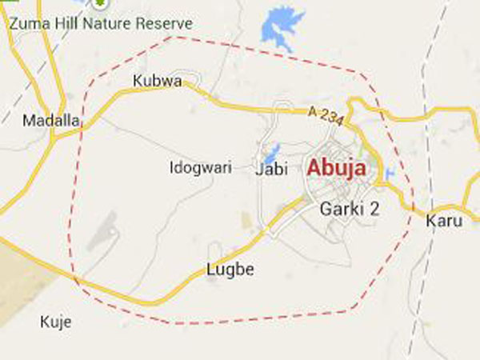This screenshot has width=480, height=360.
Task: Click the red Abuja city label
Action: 337,169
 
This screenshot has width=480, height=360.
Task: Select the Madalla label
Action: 51,121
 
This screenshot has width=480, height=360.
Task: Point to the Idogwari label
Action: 201,168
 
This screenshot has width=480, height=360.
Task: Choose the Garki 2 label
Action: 349,209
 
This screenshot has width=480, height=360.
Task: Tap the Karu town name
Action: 444,220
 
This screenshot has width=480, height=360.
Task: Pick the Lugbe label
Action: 230,270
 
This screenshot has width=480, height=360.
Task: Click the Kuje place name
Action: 55,322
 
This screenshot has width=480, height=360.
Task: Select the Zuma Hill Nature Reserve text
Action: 101,23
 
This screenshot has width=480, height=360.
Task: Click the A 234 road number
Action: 326,117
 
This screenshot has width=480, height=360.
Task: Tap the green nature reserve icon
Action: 101,4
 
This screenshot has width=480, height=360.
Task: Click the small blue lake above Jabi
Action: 271,151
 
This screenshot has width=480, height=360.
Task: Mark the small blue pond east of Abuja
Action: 390,172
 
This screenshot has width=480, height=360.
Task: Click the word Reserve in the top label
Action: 166,23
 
